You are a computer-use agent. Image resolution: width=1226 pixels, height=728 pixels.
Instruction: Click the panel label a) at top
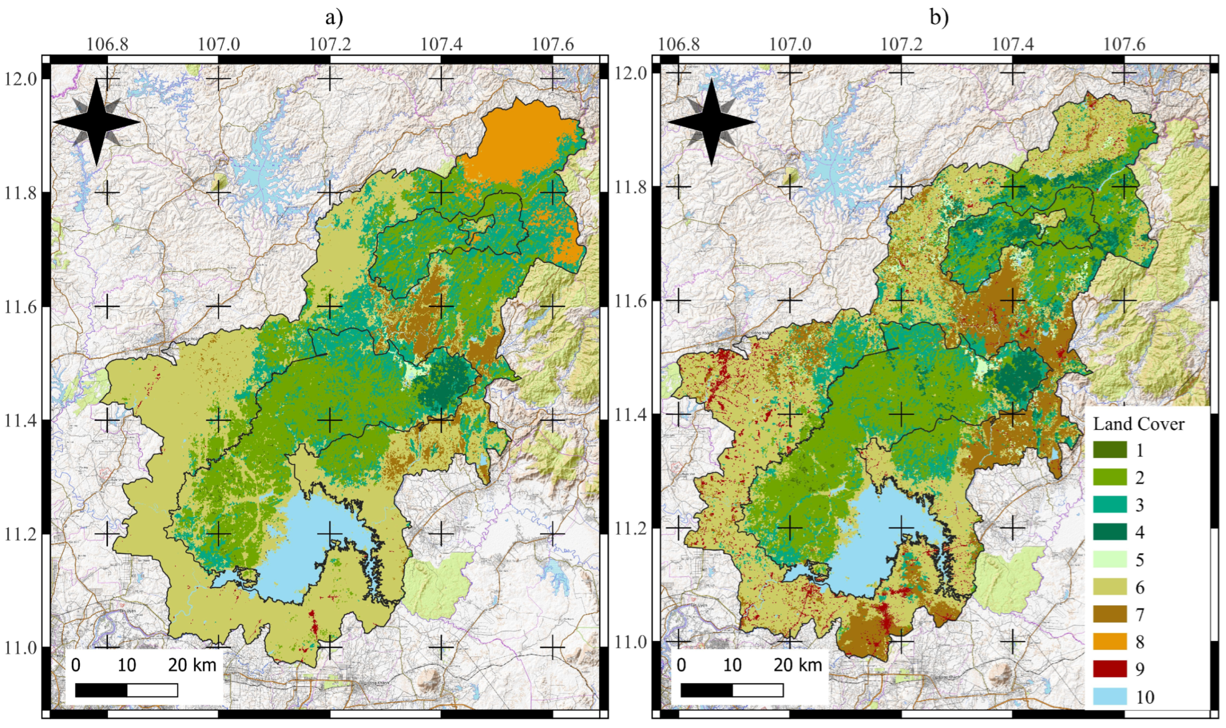click(x=334, y=18)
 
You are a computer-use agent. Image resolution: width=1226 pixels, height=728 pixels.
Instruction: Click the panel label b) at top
click(x=939, y=18)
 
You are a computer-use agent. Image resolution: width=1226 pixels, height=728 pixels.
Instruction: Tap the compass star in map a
click(x=96, y=123)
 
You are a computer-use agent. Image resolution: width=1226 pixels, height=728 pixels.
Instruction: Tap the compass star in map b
click(x=712, y=123)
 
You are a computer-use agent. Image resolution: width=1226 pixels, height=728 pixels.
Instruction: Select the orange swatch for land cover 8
click(x=1110, y=641)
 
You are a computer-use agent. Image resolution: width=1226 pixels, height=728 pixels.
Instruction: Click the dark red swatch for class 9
click(x=1110, y=669)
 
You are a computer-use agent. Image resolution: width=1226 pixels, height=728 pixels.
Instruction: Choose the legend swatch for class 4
click(x=1110, y=532)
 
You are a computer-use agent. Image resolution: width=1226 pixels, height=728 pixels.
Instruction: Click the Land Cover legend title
click(x=1138, y=424)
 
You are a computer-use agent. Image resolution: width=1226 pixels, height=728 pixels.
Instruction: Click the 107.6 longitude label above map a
click(x=553, y=45)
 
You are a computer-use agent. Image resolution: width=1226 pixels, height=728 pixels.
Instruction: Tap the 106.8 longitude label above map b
click(x=678, y=45)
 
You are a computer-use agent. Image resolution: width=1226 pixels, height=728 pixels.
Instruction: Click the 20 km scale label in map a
click(x=192, y=665)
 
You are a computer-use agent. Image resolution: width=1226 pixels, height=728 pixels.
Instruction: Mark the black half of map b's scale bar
click(x=706, y=690)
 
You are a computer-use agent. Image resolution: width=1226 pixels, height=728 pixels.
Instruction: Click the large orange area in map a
click(x=520, y=142)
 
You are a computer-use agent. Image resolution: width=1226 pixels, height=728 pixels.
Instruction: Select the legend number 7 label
click(x=1140, y=614)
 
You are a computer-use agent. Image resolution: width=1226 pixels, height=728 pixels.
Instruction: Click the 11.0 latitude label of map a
click(x=20, y=648)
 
